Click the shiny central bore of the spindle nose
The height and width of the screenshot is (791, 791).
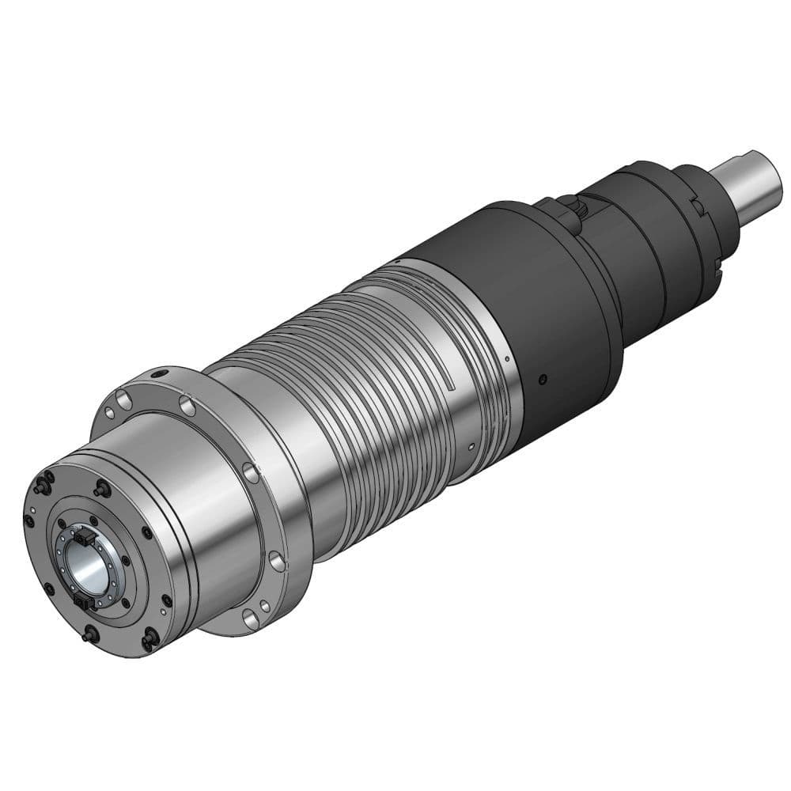click(93, 567)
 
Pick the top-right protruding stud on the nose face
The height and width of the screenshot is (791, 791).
click(101, 490)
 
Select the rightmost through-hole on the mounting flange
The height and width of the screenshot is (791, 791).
click(276, 562)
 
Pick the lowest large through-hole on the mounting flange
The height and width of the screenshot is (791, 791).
click(252, 619)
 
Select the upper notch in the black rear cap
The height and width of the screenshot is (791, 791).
click(698, 206)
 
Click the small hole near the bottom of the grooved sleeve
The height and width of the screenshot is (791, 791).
click(471, 446)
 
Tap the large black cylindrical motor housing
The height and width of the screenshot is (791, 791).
click(546, 301)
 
